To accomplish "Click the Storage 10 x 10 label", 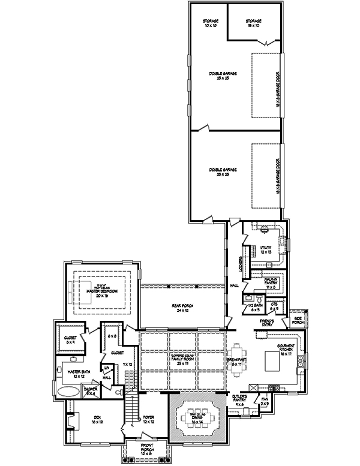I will click(x=209, y=25).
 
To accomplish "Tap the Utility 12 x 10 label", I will click(x=266, y=250).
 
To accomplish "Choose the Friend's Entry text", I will click(x=267, y=323).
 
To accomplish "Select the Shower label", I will click(x=91, y=390).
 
